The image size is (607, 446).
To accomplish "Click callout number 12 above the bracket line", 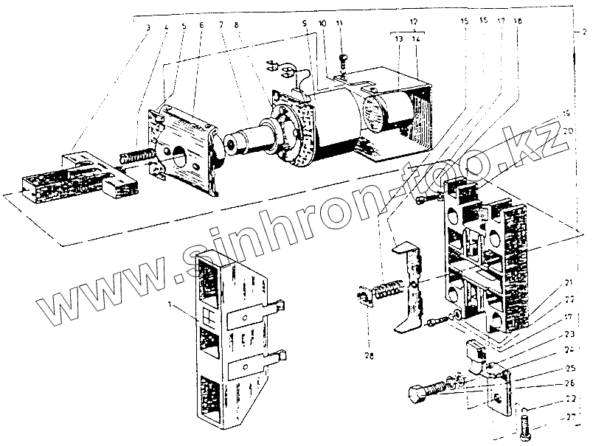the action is point(414,23).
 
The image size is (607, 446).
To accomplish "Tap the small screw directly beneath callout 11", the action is point(343,59).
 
